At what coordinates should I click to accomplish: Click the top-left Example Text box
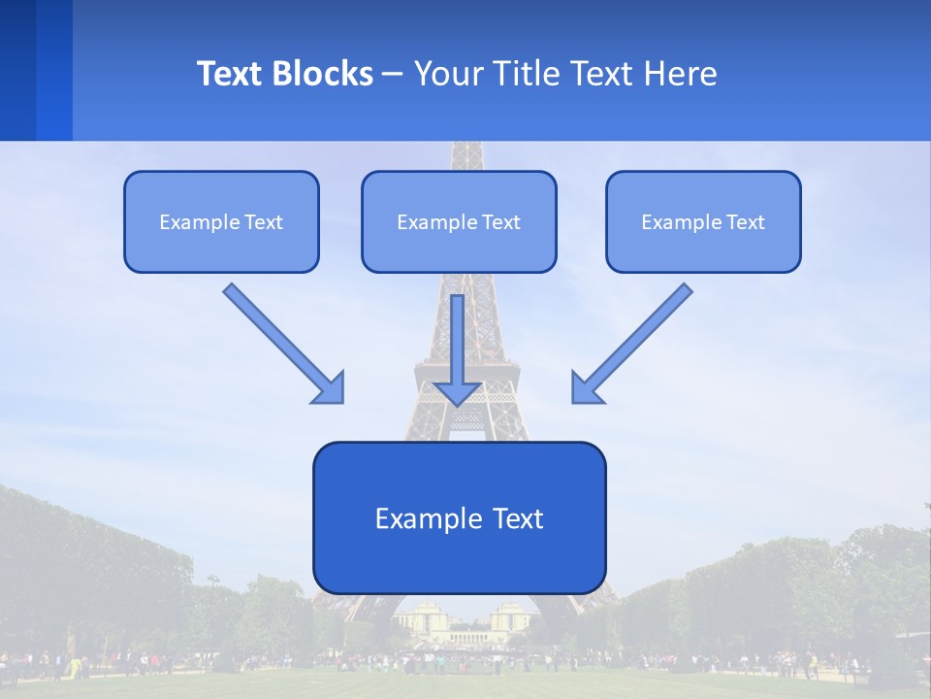[221, 221]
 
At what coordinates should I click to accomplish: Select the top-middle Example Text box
[459, 221]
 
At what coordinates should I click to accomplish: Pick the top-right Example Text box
[703, 221]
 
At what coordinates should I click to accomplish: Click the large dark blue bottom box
[459, 517]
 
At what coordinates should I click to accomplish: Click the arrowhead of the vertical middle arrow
[458, 392]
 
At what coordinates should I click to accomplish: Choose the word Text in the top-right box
[745, 222]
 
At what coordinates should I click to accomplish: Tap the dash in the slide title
[393, 74]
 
